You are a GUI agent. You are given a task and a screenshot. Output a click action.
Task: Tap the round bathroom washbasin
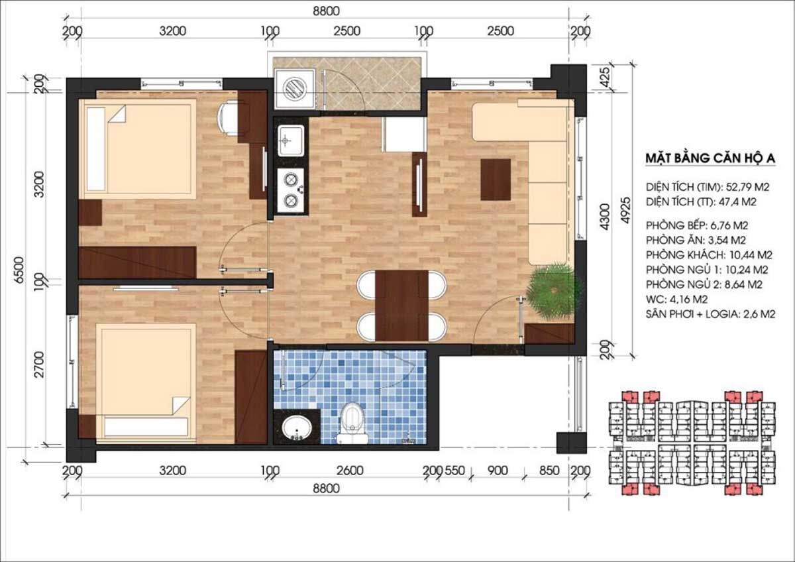point(296,429)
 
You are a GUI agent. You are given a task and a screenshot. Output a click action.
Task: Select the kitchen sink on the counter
point(291,140)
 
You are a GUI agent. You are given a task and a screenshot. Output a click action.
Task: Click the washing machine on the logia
point(295,88)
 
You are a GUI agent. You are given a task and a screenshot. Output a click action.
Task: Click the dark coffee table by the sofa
point(496,180)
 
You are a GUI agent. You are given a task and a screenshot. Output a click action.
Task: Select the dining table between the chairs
point(401,306)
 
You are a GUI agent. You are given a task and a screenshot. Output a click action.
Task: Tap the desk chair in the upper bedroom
point(227,118)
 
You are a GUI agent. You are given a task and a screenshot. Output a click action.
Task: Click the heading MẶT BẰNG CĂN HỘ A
point(710,158)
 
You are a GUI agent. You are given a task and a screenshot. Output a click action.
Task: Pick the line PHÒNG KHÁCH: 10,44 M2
point(709,255)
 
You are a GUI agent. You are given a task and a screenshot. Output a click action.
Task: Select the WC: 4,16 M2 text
point(677,300)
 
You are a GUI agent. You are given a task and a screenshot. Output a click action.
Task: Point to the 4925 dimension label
point(627,210)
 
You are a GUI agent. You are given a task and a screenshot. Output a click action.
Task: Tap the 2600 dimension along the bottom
point(350,471)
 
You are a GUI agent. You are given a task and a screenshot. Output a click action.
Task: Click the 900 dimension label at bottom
point(498,471)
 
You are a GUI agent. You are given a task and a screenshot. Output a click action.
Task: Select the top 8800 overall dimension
point(326,11)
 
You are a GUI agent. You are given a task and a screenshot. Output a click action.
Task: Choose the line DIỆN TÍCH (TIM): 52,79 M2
point(708,187)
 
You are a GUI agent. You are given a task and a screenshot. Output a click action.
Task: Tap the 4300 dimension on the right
point(605,217)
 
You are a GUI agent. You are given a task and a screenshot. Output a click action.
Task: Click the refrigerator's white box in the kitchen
point(404,134)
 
